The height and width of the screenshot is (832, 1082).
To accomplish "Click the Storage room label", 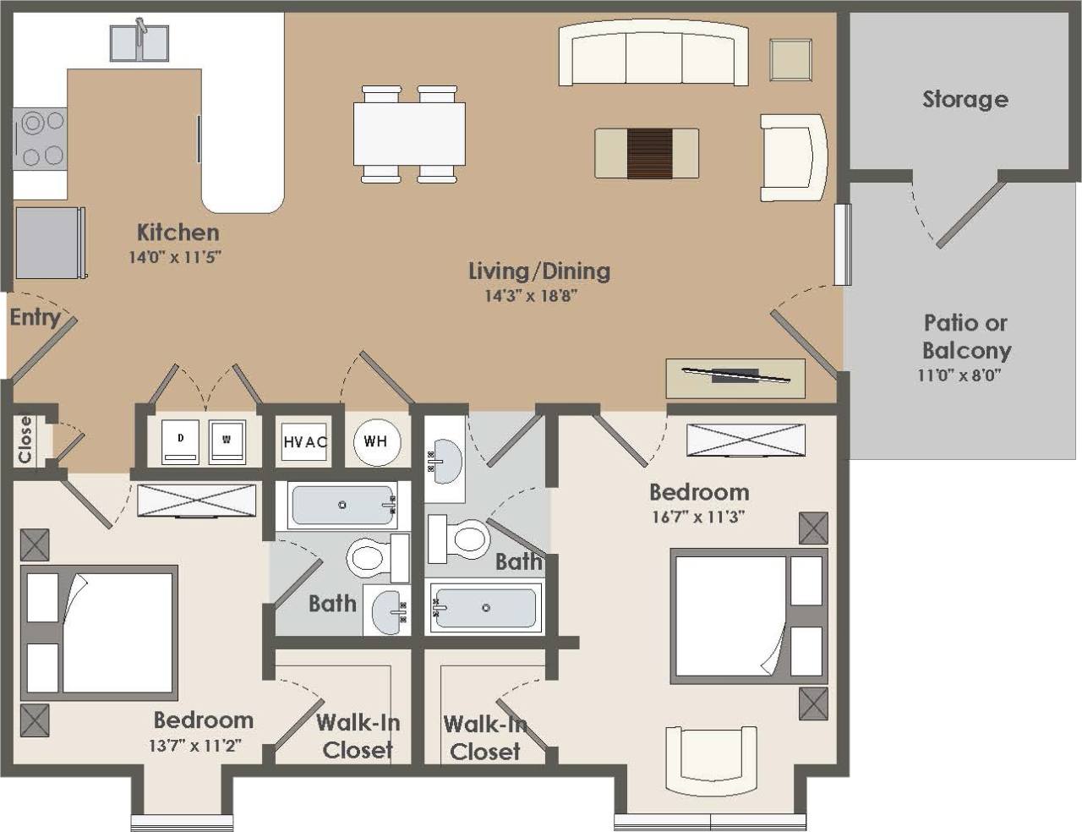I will click(x=965, y=99).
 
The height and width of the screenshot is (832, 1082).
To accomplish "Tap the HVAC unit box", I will click(x=304, y=441).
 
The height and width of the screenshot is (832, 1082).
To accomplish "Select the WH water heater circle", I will click(x=375, y=441).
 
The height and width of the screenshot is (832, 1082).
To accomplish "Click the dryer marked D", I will click(x=180, y=441).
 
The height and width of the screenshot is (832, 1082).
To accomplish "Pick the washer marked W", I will click(x=227, y=441).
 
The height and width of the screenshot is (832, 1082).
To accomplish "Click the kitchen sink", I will click(x=139, y=42).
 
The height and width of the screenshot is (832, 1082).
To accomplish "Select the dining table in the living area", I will click(x=409, y=134).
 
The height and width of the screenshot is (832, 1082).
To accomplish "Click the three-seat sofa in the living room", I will click(x=653, y=54).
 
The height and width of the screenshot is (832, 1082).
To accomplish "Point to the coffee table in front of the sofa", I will click(x=647, y=153).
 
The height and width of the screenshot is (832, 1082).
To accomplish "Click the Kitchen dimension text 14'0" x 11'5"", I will click(x=175, y=257).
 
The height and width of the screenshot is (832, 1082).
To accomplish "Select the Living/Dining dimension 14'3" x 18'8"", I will click(x=531, y=296).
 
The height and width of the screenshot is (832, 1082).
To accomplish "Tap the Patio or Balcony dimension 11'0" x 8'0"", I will click(x=959, y=375).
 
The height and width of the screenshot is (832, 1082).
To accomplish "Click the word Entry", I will click(x=35, y=318).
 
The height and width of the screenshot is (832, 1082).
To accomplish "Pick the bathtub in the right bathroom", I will click(x=484, y=607).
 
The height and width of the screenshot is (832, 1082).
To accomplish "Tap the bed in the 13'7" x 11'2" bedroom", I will click(x=100, y=632).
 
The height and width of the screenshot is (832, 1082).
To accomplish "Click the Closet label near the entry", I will click(x=25, y=439).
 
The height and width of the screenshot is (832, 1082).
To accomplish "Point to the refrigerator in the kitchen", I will click(x=49, y=243).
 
